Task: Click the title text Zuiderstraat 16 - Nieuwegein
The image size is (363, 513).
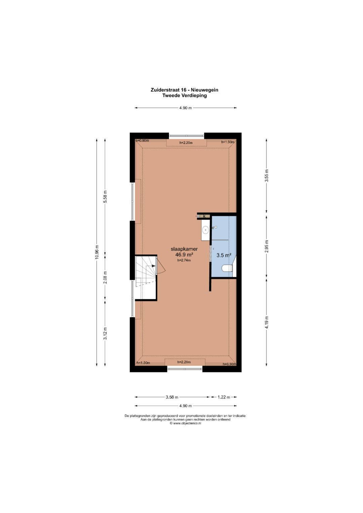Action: click(x=184, y=90)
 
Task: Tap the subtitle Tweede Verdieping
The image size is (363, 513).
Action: click(x=185, y=96)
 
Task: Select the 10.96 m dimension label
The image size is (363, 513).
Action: click(x=97, y=252)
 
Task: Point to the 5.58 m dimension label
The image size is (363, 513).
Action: click(x=105, y=197)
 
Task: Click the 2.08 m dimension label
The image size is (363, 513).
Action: click(x=105, y=277)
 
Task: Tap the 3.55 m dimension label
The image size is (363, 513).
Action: click(x=267, y=176)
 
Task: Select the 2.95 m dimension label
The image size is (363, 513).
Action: click(x=267, y=247)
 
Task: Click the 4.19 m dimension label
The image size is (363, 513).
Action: click(x=267, y=322)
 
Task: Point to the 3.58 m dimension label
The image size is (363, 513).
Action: click(x=172, y=397)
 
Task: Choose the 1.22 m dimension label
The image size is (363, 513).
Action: click(x=224, y=397)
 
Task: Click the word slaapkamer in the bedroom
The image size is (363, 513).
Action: click(x=184, y=249)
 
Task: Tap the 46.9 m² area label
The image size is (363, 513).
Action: click(x=184, y=255)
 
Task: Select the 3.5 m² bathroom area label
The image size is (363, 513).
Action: click(x=224, y=255)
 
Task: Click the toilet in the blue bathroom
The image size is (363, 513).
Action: click(x=227, y=268)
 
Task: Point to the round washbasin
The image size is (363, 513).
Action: click(x=206, y=229)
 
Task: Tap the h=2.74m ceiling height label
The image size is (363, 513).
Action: click(x=184, y=260)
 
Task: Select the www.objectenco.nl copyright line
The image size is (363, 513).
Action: click(x=186, y=423)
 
